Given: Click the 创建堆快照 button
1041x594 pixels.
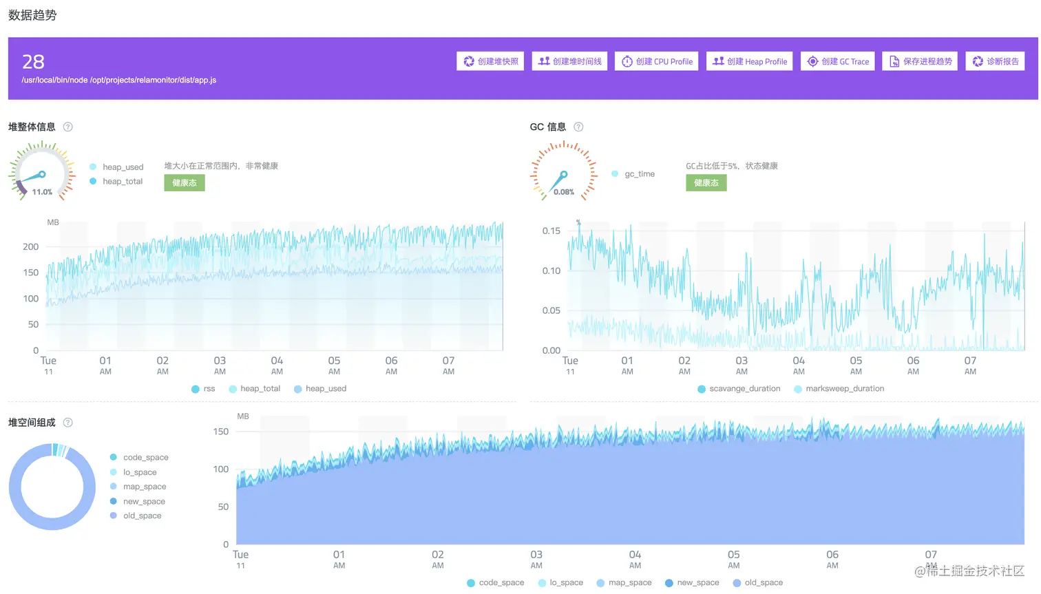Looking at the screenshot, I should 490,61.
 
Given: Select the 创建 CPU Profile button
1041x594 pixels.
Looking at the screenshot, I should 657,61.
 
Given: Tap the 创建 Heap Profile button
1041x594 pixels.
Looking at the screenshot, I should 749,61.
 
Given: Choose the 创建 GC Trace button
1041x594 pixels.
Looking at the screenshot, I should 837,61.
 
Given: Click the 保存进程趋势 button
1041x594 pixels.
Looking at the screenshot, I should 921,61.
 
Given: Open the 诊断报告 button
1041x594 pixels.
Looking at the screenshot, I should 995,61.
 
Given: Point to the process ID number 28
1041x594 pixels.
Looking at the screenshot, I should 33,62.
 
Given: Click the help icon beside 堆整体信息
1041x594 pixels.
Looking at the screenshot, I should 68,127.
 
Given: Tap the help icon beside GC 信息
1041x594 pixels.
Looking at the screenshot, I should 578,127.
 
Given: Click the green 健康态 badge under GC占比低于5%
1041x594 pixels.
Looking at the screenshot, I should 706,183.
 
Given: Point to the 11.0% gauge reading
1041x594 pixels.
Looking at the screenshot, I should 42,192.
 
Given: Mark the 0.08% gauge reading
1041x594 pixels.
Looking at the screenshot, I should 564,192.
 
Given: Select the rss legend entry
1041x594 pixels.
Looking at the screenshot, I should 204,389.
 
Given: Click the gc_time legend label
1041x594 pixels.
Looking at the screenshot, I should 639,174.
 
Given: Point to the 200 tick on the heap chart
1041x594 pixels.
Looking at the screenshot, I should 31,246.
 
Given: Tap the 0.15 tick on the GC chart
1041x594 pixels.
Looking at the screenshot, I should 551,231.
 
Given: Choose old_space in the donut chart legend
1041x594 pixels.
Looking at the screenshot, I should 142,516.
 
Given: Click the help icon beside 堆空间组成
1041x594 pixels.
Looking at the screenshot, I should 68,423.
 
